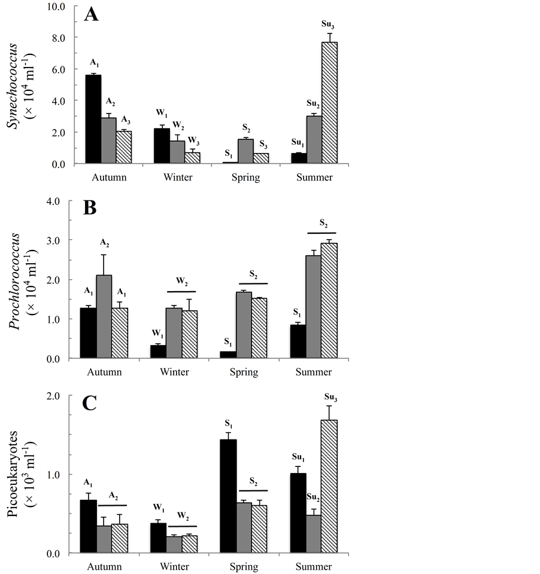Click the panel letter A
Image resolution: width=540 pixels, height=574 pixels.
click(x=91, y=14)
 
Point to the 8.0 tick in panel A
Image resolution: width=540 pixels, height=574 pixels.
click(x=56, y=38)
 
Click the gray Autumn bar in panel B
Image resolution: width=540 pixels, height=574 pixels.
click(x=104, y=316)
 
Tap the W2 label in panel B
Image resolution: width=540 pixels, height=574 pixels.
click(x=181, y=281)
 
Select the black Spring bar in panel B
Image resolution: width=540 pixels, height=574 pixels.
click(x=227, y=355)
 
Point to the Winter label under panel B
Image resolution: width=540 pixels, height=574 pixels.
click(x=174, y=372)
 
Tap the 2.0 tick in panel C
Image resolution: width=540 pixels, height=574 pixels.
click(x=56, y=396)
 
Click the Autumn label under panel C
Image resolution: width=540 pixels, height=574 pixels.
click(x=104, y=566)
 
